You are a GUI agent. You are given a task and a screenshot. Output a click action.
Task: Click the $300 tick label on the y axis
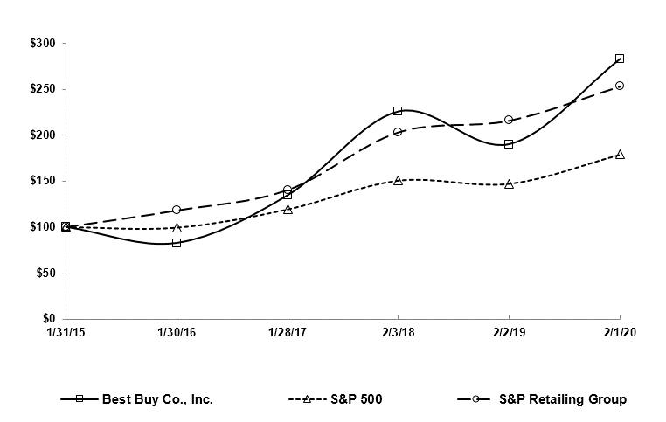pyautogui.click(x=42, y=44)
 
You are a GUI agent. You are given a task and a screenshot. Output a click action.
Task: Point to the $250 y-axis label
pyautogui.click(x=42, y=89)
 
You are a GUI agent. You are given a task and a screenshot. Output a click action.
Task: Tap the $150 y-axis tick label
pyautogui.click(x=42, y=181)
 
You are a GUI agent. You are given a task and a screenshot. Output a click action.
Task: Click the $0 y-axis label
pyautogui.click(x=49, y=319)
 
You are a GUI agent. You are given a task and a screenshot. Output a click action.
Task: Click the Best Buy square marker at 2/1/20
pyautogui.click(x=620, y=59)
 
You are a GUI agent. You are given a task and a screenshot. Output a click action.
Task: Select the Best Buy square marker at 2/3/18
pyautogui.click(x=398, y=111)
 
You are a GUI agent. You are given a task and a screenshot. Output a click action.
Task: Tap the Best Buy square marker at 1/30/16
pyautogui.click(x=177, y=243)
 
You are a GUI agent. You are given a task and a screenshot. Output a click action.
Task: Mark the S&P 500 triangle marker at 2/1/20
pyautogui.click(x=620, y=155)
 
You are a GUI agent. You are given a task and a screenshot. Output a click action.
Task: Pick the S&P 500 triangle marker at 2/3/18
pyautogui.click(x=398, y=181)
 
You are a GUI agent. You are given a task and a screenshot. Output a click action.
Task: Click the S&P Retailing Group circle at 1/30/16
pyautogui.click(x=177, y=210)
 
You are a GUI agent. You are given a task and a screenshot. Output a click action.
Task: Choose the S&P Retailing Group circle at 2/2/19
pyautogui.click(x=509, y=120)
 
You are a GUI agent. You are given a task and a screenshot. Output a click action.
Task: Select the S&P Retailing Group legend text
pyautogui.click(x=562, y=399)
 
